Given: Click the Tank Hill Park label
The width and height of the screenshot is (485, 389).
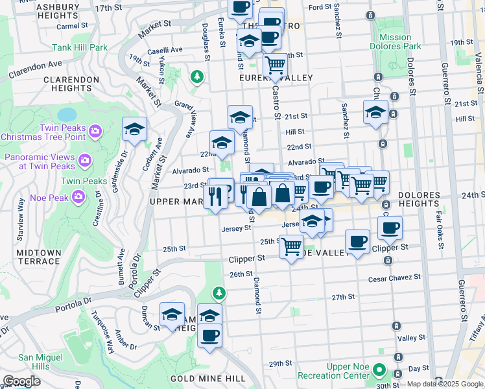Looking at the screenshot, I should pyautogui.click(x=80, y=47).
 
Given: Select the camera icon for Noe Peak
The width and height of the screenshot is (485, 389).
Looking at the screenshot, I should pyautogui.click(x=78, y=195).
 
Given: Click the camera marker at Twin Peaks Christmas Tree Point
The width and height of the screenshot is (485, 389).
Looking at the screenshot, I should pyautogui.click(x=95, y=132).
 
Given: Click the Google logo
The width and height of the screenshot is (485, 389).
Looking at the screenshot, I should pyautogui.click(x=22, y=381).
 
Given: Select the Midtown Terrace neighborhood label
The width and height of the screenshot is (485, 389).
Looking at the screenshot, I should pyautogui.click(x=30, y=257).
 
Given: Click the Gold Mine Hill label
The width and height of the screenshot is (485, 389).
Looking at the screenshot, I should pyautogui.click(x=207, y=378).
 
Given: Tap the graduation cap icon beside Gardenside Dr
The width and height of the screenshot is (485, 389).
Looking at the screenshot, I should pyautogui.click(x=134, y=129).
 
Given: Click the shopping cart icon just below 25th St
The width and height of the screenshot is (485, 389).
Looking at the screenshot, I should pyautogui.click(x=292, y=246).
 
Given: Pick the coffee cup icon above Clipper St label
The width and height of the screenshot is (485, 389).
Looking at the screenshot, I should pyautogui.click(x=390, y=228).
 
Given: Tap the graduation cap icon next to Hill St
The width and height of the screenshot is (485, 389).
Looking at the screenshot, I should pyautogui.click(x=376, y=112).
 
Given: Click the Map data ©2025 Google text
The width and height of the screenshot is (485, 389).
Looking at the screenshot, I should pyautogui.click(x=445, y=384).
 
